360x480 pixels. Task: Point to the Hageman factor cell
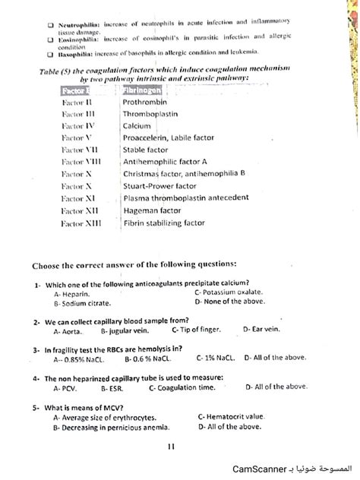152,210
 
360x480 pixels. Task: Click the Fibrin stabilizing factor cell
164,223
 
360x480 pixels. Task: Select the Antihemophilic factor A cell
165,162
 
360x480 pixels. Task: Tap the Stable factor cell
145,150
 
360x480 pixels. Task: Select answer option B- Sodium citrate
81,302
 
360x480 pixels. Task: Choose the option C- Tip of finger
196,330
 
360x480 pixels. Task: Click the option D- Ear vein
261,330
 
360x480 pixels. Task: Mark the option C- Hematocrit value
231,416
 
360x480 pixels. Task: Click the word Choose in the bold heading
47,265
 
